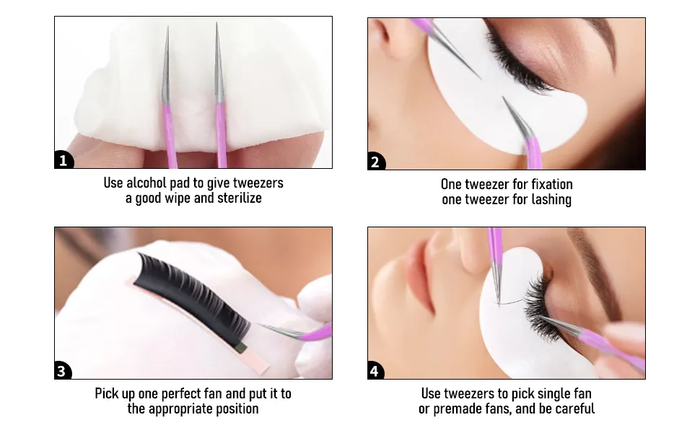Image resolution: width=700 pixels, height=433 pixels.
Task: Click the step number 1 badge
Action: [64, 159]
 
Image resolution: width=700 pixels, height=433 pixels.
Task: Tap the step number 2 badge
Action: [376, 161]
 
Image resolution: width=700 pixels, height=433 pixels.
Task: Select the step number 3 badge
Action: [63, 370]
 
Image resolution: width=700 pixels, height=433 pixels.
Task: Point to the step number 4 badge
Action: [375, 370]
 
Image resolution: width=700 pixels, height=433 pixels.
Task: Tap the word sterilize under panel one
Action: [240, 198]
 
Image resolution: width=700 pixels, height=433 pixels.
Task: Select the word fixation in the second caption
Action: [552, 184]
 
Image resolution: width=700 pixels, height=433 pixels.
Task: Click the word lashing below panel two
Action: [551, 199]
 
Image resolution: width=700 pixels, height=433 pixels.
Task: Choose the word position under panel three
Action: [237, 409]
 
